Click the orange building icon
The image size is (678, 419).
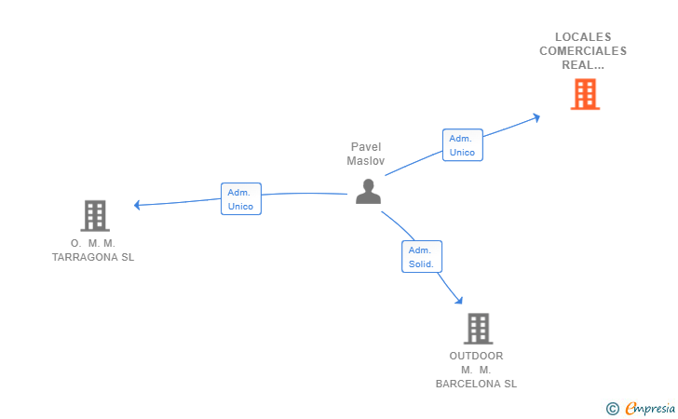584,94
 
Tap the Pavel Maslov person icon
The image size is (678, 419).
369,191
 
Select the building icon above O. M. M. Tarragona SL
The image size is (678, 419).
94,216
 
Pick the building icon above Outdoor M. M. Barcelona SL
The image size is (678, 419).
477,329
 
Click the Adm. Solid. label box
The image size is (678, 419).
422,257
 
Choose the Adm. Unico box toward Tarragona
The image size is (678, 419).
240,199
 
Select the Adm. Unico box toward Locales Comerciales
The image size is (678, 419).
462,145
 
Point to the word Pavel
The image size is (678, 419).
366,147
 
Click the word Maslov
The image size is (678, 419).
366,161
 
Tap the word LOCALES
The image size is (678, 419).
583,37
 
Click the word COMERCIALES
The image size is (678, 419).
583,51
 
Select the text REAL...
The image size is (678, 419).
580,65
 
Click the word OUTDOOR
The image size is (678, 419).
476,356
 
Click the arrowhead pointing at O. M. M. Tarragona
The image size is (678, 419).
137,205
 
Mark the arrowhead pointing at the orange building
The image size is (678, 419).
536,116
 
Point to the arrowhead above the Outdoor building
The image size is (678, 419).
457,300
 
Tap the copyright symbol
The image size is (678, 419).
612,408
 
